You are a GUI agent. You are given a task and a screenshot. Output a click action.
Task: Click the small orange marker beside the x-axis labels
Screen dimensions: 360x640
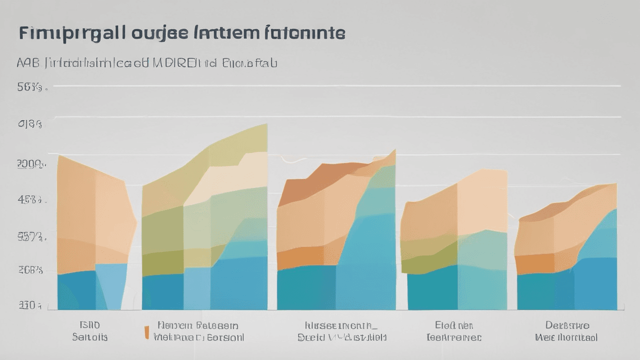pos(146,332)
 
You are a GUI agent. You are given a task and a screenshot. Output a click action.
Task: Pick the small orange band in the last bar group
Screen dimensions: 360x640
pos(534,263)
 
